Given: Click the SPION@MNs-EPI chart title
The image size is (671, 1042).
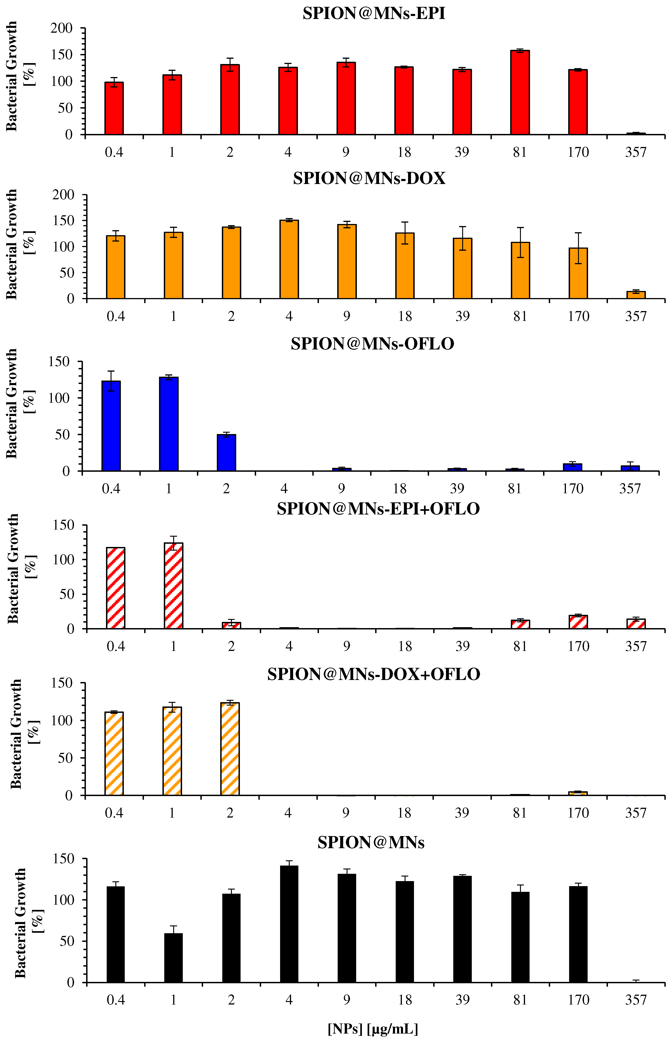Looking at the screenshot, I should (374, 13).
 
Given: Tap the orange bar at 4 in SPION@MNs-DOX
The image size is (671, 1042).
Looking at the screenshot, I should (289, 259).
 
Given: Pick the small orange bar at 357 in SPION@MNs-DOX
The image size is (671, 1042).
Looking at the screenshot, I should (636, 295).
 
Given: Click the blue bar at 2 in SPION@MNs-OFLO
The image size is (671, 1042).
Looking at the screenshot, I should (226, 453).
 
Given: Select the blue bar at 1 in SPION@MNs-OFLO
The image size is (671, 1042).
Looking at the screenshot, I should (169, 424).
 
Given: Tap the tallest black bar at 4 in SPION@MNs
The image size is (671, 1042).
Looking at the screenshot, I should (289, 924).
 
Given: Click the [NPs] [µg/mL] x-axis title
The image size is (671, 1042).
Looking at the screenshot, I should (373, 1029).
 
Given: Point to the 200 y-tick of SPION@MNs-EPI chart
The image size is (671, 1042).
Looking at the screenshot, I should (61, 28).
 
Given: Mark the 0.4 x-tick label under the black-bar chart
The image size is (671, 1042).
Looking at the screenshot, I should (115, 1000).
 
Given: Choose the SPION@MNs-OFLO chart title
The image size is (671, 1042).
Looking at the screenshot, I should (373, 344).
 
